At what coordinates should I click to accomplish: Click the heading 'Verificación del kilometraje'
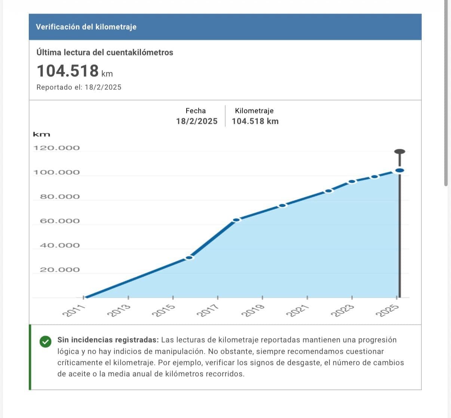(x=86, y=27)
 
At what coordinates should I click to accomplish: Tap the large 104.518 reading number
(x=68, y=71)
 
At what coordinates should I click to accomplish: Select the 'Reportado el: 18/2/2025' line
(x=79, y=87)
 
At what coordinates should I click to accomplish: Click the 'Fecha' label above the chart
(x=196, y=111)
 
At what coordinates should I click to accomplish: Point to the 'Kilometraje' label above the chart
(x=254, y=111)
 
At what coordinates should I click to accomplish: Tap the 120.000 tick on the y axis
(x=56, y=148)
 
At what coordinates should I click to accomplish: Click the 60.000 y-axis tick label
(x=60, y=221)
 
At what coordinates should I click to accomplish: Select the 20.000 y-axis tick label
(x=60, y=270)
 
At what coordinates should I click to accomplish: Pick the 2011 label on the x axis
(x=74, y=311)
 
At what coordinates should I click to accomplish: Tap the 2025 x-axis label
(x=387, y=311)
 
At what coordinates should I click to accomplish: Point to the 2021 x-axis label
(x=297, y=311)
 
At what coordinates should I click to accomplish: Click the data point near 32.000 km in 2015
(x=190, y=257)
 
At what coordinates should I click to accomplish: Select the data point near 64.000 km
(x=236, y=219)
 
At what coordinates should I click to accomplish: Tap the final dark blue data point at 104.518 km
(x=399, y=170)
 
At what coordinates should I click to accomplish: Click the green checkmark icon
(x=45, y=341)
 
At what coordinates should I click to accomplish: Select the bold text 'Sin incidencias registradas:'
(x=108, y=340)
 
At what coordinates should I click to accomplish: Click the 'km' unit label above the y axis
(x=42, y=135)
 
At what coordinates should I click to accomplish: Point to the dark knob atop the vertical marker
(x=399, y=151)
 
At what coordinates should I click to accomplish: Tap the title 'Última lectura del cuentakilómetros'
(x=105, y=52)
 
